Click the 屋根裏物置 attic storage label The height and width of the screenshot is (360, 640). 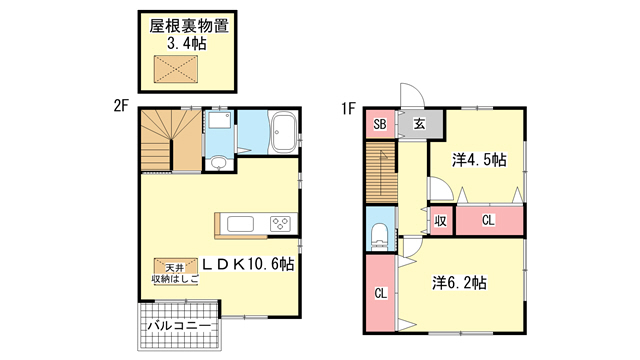tap(189, 26)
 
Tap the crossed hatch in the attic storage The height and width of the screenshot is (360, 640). tap(176, 68)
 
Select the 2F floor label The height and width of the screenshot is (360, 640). tap(121, 106)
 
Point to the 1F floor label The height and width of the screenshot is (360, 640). tap(348, 109)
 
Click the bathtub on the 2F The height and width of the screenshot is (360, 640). tap(284, 132)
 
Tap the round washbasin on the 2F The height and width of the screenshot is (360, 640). tap(219, 163)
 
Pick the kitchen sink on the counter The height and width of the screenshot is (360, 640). tap(240, 224)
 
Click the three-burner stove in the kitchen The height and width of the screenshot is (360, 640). tap(280, 224)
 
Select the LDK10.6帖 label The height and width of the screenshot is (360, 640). tap(248, 264)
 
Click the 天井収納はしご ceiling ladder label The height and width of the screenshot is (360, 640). tap(176, 274)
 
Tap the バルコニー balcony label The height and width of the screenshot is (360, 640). tap(179, 326)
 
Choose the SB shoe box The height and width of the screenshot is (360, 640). tap(380, 124)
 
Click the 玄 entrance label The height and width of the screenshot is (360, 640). tap(420, 124)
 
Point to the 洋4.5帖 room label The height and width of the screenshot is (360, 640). tap(479, 159)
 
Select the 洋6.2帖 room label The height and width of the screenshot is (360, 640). tap(460, 282)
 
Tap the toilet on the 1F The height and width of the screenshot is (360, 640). tap(380, 236)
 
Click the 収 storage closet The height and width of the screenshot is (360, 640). tap(440, 220)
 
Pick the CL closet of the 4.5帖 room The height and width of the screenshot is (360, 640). tap(489, 220)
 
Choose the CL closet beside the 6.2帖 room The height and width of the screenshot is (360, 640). tap(380, 293)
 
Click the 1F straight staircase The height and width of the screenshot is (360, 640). tap(381, 172)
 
